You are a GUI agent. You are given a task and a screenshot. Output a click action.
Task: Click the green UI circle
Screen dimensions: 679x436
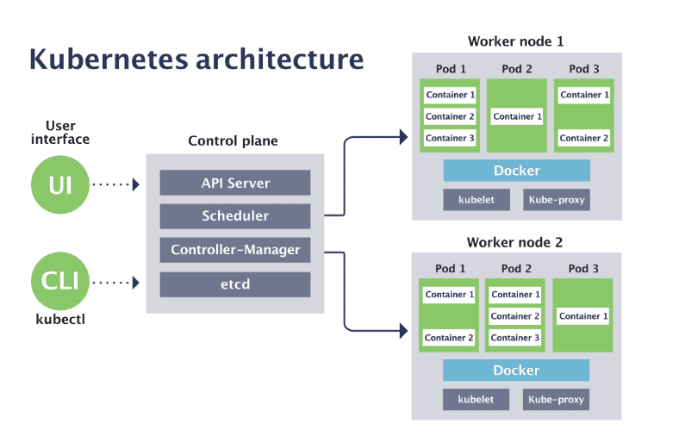60,185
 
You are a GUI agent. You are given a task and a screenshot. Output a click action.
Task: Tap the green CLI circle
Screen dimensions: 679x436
60,281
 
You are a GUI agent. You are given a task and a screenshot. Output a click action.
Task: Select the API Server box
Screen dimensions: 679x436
235,183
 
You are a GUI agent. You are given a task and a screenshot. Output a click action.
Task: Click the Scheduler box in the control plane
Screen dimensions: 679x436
235,216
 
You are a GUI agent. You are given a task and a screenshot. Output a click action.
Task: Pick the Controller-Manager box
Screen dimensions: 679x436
235,250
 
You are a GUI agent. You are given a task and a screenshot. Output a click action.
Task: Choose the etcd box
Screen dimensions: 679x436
235,284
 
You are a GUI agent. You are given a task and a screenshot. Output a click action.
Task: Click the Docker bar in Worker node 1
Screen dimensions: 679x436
517,171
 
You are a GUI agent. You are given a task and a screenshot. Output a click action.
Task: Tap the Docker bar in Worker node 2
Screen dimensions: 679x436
516,371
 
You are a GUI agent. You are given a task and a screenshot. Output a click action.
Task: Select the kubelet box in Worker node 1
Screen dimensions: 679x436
477,200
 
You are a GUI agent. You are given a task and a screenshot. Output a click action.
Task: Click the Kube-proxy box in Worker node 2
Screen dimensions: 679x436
556,400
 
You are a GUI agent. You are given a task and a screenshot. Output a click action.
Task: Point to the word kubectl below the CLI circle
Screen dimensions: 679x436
60,320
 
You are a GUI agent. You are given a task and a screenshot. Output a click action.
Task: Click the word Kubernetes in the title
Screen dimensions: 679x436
109,59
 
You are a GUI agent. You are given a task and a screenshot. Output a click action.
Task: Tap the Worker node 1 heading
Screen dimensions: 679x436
516,41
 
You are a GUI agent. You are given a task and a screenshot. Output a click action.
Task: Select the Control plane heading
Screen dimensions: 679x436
233,140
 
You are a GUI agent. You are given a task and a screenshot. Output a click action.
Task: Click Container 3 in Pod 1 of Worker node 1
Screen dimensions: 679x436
450,138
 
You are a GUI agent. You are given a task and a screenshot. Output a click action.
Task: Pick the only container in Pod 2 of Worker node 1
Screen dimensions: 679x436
517,116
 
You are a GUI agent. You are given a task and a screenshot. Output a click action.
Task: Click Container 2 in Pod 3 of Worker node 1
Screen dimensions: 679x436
583,138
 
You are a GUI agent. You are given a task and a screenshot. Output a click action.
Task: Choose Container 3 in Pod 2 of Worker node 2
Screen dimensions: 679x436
515,338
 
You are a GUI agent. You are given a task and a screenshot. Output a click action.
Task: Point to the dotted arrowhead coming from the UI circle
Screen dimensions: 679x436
136,185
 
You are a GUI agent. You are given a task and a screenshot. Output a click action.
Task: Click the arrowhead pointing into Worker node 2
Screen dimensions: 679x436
403,331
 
